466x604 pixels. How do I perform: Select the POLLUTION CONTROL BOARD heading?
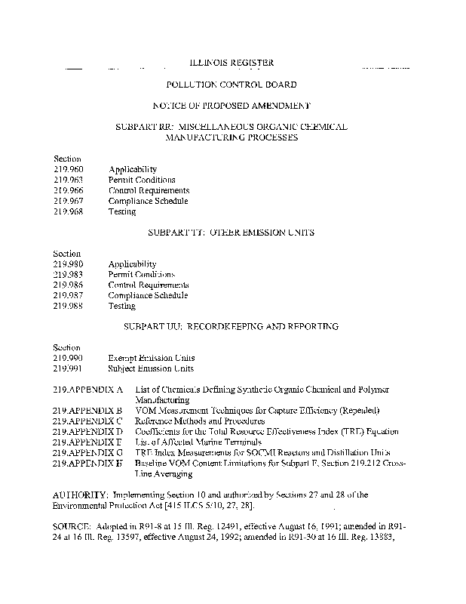tap(231, 85)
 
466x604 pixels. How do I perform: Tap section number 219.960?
tap(68, 170)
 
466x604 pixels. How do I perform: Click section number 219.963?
tap(68, 180)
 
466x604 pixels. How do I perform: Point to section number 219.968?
tap(68, 212)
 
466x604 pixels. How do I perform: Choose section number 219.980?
tap(68, 264)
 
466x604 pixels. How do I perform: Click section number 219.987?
tap(68, 296)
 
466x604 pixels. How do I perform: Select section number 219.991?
tap(68, 368)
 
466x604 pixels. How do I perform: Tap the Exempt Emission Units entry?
tap(151, 358)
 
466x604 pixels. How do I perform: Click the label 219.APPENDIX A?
tap(88, 390)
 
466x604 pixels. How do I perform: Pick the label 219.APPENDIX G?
tap(88, 452)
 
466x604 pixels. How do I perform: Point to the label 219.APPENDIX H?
tap(88, 463)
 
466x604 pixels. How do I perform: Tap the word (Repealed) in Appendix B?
tap(353, 411)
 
